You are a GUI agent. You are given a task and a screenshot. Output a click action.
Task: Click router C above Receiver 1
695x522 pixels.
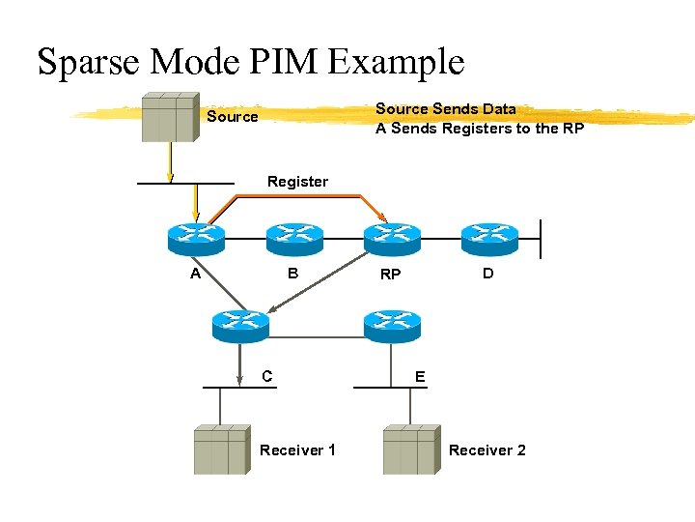[x=240, y=326]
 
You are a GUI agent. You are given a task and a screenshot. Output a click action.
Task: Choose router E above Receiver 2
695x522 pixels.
[x=392, y=326]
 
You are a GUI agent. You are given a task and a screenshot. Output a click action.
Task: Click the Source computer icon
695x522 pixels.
[x=170, y=118]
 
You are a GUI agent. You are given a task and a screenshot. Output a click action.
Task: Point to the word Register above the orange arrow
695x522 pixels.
[x=297, y=182]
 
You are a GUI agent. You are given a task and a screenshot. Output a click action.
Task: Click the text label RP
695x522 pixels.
[x=390, y=275]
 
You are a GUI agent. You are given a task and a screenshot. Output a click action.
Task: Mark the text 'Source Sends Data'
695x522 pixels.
[x=445, y=109]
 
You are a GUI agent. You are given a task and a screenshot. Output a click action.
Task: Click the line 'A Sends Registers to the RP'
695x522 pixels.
[x=479, y=129]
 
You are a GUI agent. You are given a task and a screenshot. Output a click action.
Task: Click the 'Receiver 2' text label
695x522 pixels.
[x=486, y=450]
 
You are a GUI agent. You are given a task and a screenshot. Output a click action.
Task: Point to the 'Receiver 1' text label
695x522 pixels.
[x=297, y=450]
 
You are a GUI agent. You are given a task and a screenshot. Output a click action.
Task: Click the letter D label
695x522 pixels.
[x=488, y=274]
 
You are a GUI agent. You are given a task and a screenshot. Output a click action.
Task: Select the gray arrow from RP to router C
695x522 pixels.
[x=319, y=285]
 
